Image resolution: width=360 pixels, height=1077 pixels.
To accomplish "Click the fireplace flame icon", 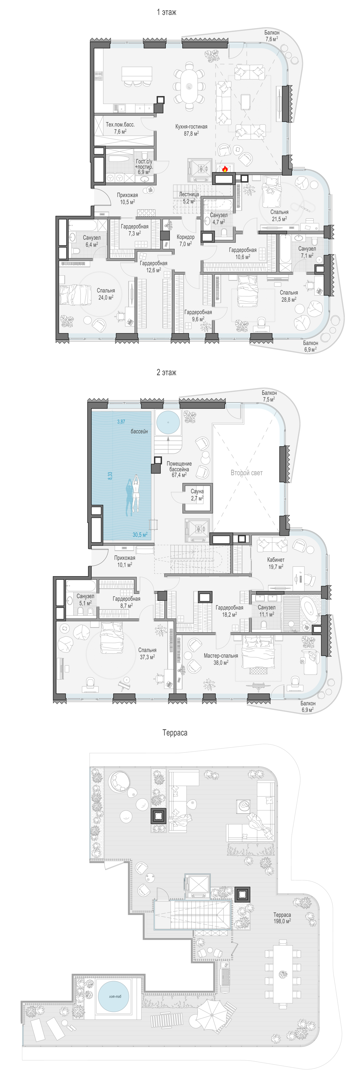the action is pyautogui.click(x=225, y=169).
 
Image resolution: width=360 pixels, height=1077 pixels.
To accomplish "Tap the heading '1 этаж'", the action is pyautogui.click(x=166, y=13).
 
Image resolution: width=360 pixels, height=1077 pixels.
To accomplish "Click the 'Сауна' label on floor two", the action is pyautogui.click(x=197, y=491).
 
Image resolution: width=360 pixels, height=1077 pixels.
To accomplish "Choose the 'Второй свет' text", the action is pyautogui.click(x=247, y=473).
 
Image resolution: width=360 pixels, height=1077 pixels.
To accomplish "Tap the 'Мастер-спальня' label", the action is pyautogui.click(x=221, y=656).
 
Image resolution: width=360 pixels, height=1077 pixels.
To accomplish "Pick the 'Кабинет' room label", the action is pyautogui.click(x=276, y=560).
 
